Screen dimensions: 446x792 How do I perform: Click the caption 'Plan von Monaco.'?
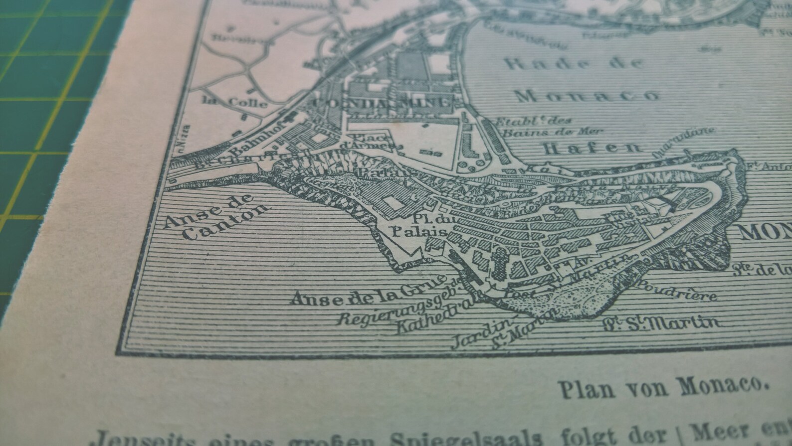(x=663, y=386)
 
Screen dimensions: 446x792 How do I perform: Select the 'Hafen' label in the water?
(x=592, y=148)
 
